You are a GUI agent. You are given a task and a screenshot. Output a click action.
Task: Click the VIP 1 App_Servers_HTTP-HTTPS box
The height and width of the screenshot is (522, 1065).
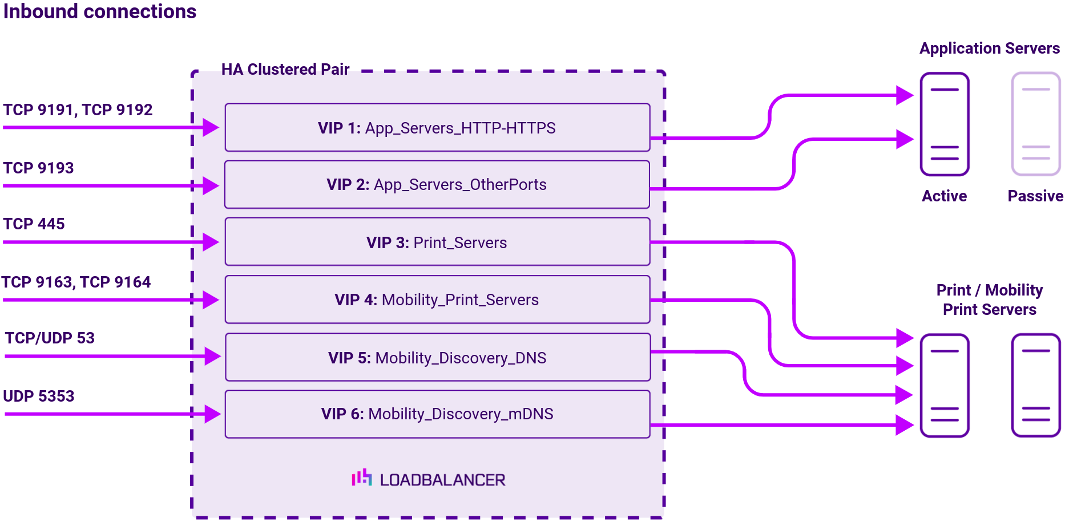[437, 127]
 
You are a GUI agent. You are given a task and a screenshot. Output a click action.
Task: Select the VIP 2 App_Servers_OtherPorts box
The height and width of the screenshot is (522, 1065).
[437, 184]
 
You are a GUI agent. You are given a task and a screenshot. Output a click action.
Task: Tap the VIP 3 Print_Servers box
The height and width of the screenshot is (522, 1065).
[437, 242]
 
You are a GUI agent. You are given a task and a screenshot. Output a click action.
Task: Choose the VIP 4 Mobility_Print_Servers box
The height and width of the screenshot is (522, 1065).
[437, 300]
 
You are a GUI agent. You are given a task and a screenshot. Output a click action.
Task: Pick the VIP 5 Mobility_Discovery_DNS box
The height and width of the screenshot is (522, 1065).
[437, 357]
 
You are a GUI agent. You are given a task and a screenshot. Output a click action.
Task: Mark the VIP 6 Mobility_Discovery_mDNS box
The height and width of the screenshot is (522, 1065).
[437, 414]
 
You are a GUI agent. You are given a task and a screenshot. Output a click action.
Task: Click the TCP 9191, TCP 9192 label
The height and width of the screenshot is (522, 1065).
[78, 110]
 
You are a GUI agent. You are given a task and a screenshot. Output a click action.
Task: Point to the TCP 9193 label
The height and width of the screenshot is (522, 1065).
[38, 168]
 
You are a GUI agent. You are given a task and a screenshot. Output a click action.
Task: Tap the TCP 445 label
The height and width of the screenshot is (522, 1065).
[34, 224]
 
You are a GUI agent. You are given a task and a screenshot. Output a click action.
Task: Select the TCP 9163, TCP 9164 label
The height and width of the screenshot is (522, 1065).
[76, 282]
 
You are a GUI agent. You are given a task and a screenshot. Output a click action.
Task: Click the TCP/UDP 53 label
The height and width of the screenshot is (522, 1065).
[50, 338]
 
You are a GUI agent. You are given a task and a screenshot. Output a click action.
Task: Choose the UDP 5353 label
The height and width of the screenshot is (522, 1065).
[38, 396]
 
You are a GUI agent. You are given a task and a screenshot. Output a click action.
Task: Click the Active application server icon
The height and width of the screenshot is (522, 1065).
[945, 124]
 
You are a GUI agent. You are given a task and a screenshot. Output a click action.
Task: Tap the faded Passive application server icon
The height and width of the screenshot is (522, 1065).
[1035, 124]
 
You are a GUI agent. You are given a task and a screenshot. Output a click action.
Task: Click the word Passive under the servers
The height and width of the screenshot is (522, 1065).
[1035, 196]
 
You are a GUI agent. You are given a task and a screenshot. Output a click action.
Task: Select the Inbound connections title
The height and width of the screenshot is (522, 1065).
[100, 11]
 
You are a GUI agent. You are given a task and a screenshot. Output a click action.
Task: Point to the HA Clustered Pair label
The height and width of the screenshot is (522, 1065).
[285, 69]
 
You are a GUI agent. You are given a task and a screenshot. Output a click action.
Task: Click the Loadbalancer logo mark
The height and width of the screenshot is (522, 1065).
[361, 478]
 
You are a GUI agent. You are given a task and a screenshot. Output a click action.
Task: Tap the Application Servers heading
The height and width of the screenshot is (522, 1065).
[989, 48]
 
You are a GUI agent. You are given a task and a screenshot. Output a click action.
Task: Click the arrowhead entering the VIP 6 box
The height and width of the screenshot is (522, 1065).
[212, 414]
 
